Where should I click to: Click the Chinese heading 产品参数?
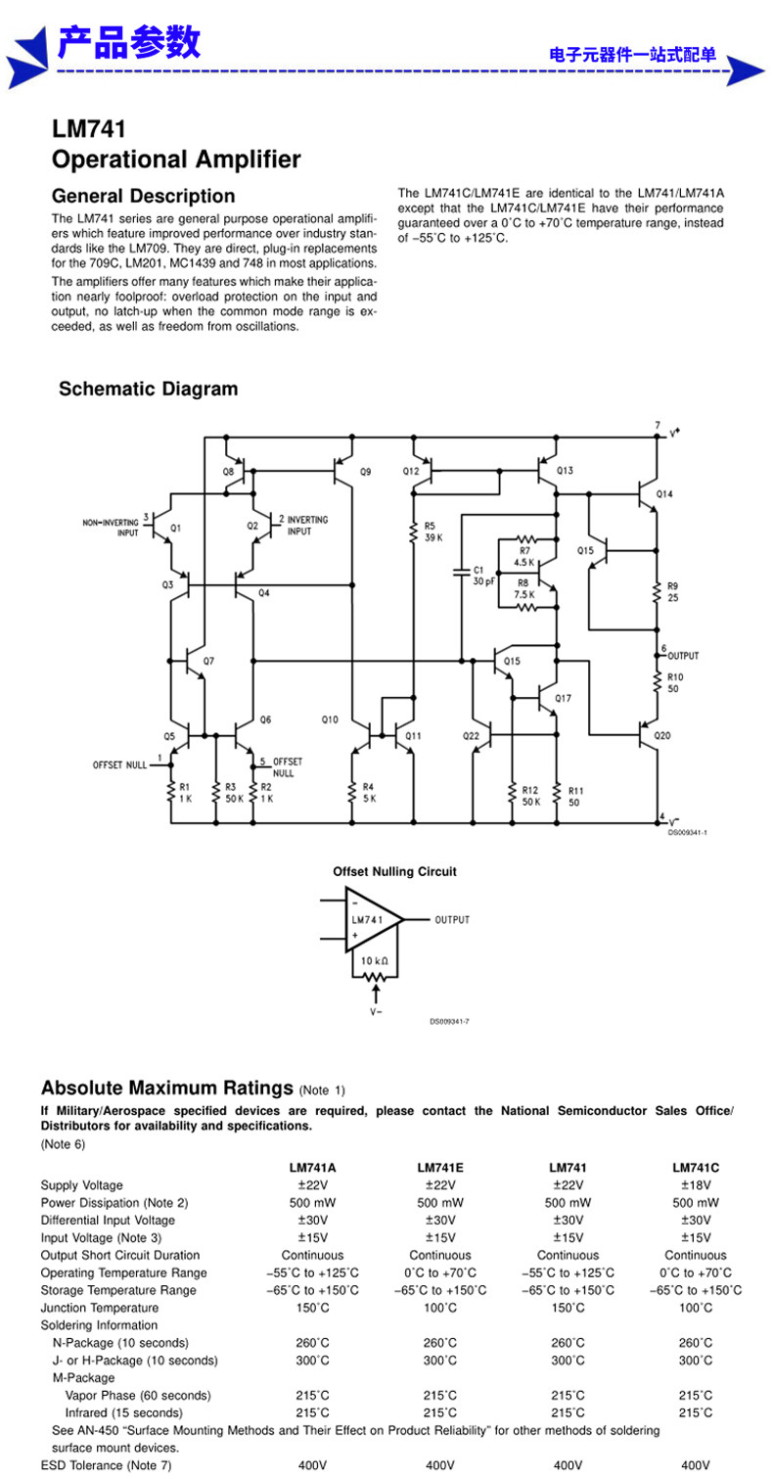tap(129, 43)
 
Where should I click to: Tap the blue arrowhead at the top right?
tap(745, 71)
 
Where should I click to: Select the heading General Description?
tap(143, 196)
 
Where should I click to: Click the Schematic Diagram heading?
tap(149, 389)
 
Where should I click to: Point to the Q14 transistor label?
tap(664, 494)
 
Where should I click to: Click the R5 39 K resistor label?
tap(433, 532)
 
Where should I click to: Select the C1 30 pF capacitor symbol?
tap(461, 572)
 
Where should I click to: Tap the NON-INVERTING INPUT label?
tap(111, 527)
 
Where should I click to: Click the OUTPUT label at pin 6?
tap(683, 656)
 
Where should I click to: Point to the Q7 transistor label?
tap(208, 661)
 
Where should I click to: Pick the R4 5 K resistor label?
tap(368, 792)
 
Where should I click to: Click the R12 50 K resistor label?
tap(530, 796)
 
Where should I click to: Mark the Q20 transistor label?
tap(662, 735)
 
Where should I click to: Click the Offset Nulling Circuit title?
tap(394, 871)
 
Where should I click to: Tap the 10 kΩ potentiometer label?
tap(375, 960)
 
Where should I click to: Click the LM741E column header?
tap(440, 1168)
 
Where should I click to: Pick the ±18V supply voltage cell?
tap(696, 1184)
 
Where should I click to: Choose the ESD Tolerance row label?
tap(106, 1465)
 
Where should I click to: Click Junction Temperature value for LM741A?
tap(312, 1308)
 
